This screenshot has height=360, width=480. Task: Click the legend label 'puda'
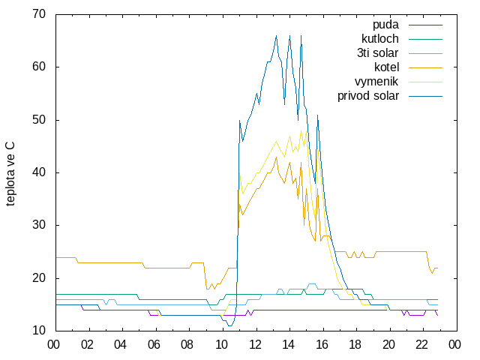tap(385, 25)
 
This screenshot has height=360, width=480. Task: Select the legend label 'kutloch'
tap(380, 39)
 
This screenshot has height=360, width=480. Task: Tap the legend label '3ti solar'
tap(377, 53)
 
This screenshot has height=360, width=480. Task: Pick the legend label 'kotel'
tap(387, 67)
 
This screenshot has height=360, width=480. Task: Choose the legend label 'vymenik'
tap(376, 82)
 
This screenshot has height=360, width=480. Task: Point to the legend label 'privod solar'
tap(368, 96)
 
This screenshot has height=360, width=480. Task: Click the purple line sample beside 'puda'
tap(425, 25)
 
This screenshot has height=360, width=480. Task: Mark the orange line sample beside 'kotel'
tap(425, 67)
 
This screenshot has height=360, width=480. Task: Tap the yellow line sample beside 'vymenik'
tap(425, 82)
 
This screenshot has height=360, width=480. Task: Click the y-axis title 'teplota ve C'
tap(10, 174)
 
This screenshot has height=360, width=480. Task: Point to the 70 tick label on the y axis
tap(39, 14)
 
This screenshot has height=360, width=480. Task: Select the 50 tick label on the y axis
tap(39, 120)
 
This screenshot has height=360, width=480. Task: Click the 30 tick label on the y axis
tap(39, 225)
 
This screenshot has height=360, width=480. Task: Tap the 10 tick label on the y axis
tap(39, 331)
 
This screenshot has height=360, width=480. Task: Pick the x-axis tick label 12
tap(255, 345)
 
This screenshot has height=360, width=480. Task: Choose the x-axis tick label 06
tap(154, 345)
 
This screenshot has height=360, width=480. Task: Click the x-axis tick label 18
tap(355, 345)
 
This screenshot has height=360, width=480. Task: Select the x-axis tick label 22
tap(421, 345)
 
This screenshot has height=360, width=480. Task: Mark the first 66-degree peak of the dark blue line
tap(277, 35)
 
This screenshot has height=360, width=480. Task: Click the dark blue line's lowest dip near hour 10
tap(230, 325)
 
